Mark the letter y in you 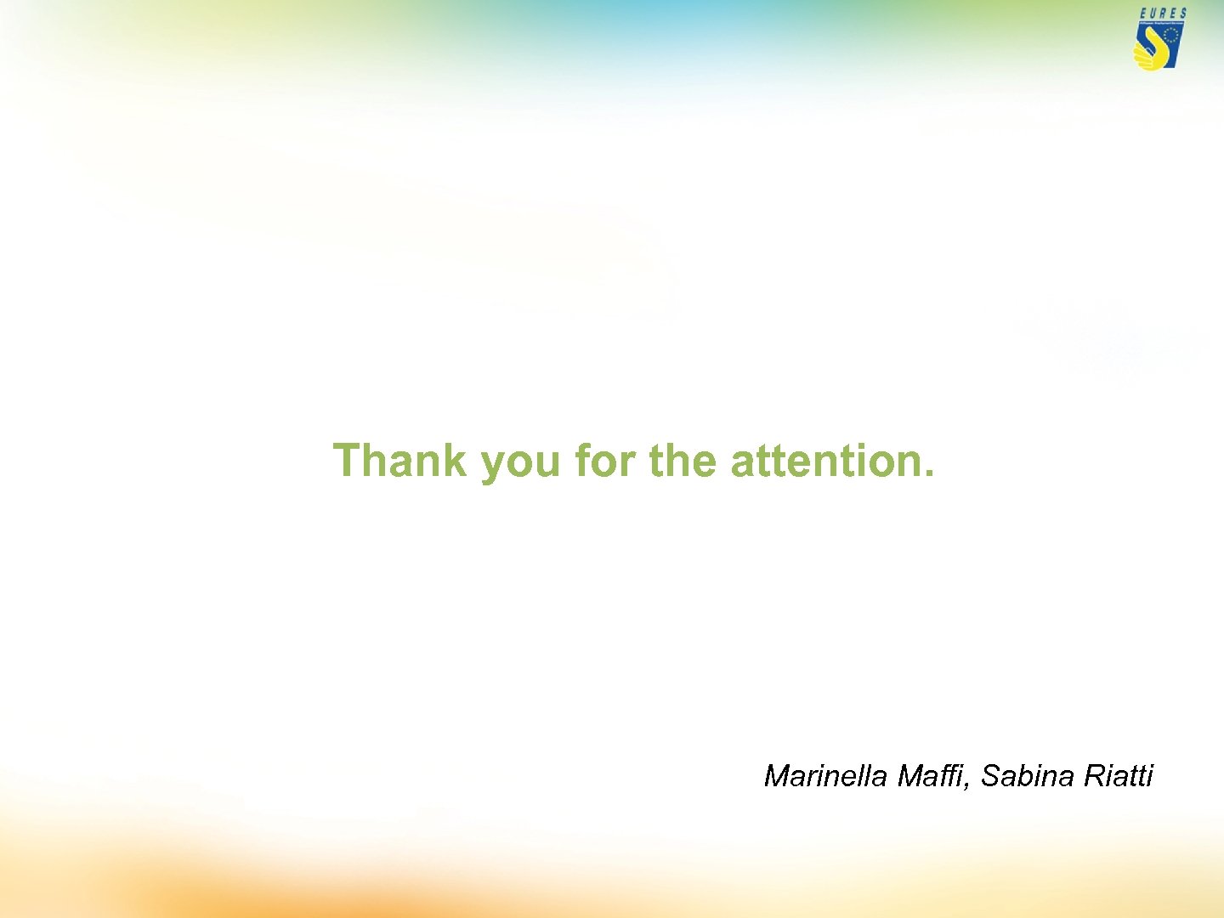[x=492, y=466]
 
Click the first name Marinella [x=825, y=776]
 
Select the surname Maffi [x=931, y=776]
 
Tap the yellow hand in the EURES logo [x=1147, y=54]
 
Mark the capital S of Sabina [x=991, y=776]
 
